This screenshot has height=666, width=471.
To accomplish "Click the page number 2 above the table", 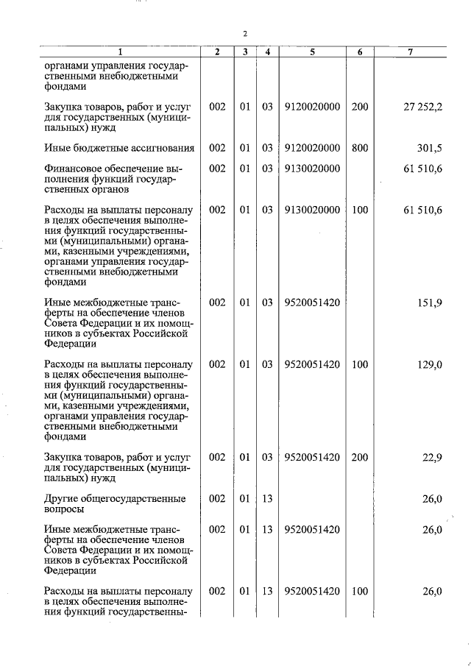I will click(x=245, y=32).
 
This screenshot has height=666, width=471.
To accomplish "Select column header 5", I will click(x=312, y=52).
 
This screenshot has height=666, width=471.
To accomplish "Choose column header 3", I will click(x=245, y=52).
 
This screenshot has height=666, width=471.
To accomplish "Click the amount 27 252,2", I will click(x=422, y=107).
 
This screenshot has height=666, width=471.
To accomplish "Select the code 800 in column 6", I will click(x=359, y=148).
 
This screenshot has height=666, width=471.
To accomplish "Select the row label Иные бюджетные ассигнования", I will click(x=118, y=148).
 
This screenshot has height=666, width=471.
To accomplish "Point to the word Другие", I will click(x=62, y=498).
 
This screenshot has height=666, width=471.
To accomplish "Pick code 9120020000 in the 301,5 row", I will click(x=312, y=148).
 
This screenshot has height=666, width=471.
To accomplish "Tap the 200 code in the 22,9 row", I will click(x=359, y=457).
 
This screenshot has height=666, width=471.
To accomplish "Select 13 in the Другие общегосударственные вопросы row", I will click(x=266, y=498).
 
